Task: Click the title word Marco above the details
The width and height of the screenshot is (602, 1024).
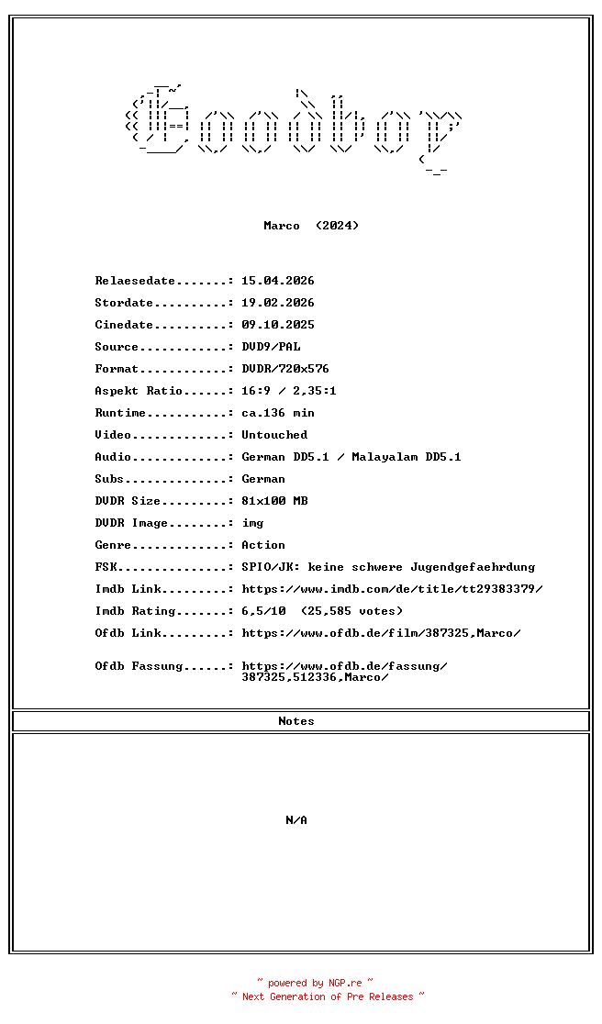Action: pyautogui.click(x=281, y=226)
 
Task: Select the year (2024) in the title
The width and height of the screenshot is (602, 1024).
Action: pyautogui.click(x=337, y=226)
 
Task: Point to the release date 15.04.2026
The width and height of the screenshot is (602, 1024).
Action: pyautogui.click(x=278, y=281)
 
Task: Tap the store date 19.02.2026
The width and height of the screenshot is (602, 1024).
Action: pyautogui.click(x=278, y=303)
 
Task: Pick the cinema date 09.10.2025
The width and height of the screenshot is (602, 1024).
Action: pyautogui.click(x=278, y=325)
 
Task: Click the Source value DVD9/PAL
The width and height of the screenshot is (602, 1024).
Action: pyautogui.click(x=271, y=347)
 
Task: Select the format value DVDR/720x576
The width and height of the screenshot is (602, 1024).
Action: pyautogui.click(x=285, y=369)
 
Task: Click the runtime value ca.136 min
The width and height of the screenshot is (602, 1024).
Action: pyautogui.click(x=278, y=413)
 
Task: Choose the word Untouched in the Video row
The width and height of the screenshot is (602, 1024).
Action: pyautogui.click(x=274, y=435)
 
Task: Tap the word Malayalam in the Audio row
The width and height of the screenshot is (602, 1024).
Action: pyautogui.click(x=385, y=457)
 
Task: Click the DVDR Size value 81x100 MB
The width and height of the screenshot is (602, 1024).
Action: pyautogui.click(x=274, y=501)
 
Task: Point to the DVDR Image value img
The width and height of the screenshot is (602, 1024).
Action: pyautogui.click(x=252, y=523)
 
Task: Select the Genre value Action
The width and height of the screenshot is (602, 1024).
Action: pyautogui.click(x=263, y=545)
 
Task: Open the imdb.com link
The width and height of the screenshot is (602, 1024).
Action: pyautogui.click(x=392, y=589)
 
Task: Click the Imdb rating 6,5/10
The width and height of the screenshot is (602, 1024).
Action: pyautogui.click(x=263, y=611)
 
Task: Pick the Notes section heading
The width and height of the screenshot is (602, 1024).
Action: pyautogui.click(x=296, y=721)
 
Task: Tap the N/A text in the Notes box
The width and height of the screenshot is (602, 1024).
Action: pyautogui.click(x=296, y=820)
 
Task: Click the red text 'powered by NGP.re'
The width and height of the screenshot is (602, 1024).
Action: pyautogui.click(x=316, y=983)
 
